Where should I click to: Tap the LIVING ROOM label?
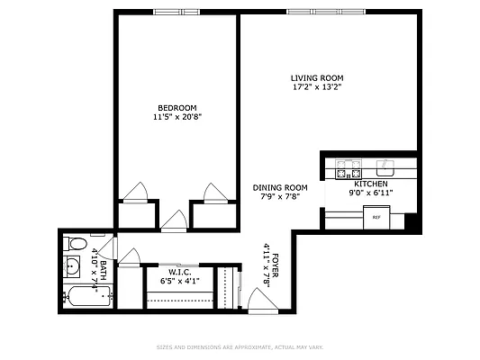coord(316,78)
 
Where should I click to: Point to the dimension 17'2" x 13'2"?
coord(316,88)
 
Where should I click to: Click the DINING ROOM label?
coord(280,187)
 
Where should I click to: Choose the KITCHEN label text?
coord(370,184)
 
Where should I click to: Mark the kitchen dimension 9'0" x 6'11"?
coord(370,193)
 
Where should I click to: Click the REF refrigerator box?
coord(376,217)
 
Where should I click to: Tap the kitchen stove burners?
coord(348,169)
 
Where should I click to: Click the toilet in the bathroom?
coord(77,244)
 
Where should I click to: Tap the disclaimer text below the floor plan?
coord(240,346)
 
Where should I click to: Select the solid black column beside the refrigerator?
coord(411,220)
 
